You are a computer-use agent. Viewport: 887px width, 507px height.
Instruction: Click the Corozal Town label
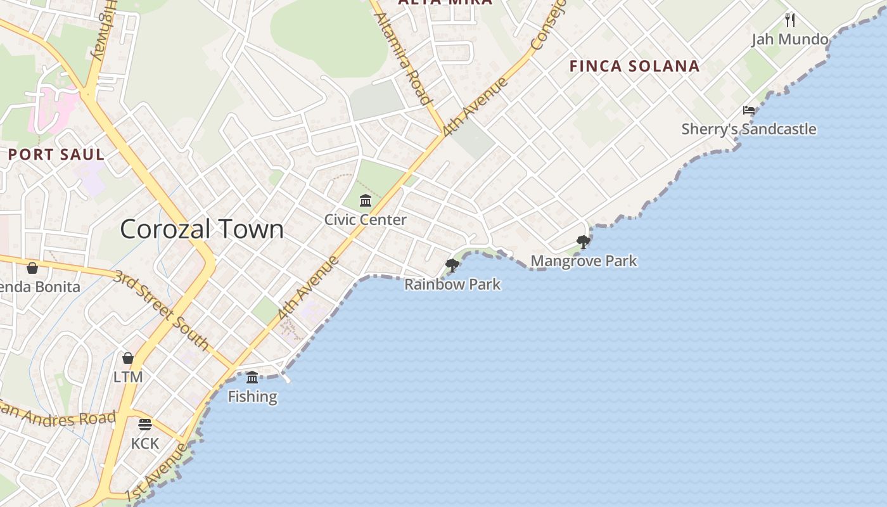click(202, 229)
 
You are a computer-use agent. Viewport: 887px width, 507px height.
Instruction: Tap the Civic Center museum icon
click(366, 201)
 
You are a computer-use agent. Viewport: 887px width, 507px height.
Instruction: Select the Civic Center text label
click(366, 220)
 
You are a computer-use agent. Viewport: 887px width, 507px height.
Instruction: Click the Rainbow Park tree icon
click(452, 265)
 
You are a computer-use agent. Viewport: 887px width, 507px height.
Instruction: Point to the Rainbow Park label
click(452, 285)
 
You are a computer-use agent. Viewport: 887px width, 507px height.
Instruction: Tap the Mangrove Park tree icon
click(584, 241)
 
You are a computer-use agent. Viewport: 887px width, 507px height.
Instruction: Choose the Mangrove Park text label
click(584, 261)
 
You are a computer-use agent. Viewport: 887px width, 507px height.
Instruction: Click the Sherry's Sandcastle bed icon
click(749, 110)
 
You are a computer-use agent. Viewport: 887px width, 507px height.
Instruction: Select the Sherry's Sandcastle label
click(749, 129)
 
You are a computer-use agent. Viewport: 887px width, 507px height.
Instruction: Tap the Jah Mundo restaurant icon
click(790, 20)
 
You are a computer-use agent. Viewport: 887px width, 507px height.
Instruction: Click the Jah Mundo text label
click(790, 39)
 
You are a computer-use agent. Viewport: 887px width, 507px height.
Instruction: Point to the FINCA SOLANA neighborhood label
click(634, 66)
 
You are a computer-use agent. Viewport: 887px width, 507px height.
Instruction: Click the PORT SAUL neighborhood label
click(56, 154)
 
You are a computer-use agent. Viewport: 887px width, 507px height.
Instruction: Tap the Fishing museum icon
click(252, 377)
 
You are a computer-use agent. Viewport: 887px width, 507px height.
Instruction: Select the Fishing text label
click(252, 397)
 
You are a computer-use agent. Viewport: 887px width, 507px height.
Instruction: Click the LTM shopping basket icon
click(128, 357)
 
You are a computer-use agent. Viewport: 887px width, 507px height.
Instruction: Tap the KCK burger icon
click(145, 424)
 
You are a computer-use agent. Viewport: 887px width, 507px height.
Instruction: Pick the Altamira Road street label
click(403, 58)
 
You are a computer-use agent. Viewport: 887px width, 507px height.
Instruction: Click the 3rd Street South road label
click(162, 310)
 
